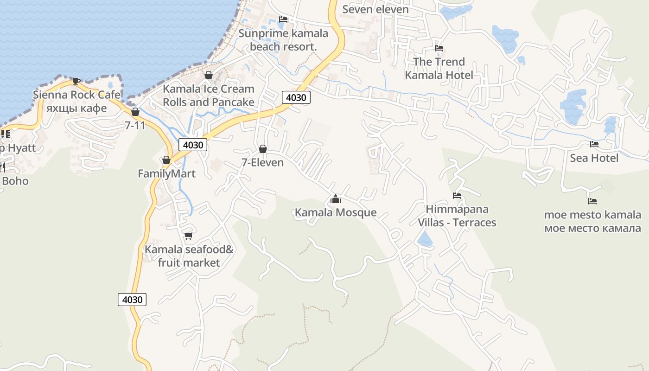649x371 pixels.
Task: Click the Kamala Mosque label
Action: pos(336,213)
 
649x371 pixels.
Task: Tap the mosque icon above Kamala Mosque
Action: pos(336,200)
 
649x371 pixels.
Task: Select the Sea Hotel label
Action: pos(594,158)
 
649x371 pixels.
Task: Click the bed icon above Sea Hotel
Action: pos(594,144)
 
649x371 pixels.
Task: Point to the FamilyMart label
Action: pos(166,174)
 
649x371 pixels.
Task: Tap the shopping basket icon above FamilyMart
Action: pos(166,160)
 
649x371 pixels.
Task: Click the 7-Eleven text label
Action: pos(262,162)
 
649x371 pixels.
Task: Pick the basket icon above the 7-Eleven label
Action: pos(263,149)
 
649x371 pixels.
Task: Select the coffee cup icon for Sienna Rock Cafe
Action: pos(76,81)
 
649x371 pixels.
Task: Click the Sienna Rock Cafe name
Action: pos(76,95)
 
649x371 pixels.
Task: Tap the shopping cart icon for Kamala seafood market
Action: pos(188,236)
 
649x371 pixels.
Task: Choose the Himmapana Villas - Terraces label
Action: pos(457,216)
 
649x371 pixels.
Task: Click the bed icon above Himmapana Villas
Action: pos(457,196)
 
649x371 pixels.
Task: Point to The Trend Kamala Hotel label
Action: pos(439,69)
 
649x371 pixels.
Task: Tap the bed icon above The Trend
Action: pos(439,48)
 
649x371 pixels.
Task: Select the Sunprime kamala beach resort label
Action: pos(283,40)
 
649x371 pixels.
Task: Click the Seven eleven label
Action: pos(375,9)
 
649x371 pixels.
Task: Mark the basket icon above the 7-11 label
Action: pos(135,112)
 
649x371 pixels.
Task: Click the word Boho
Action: pos(15,181)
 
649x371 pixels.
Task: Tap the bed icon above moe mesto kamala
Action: pos(592,201)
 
